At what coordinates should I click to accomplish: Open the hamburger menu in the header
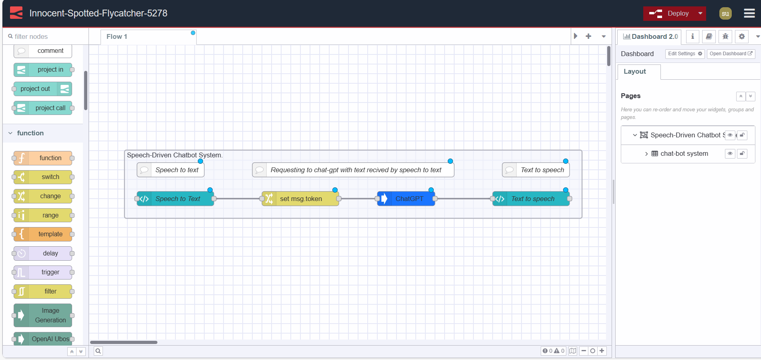tap(749, 13)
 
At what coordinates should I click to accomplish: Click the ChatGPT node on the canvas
tap(406, 199)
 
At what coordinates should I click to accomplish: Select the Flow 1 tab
tap(117, 36)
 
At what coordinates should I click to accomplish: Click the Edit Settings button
tap(684, 54)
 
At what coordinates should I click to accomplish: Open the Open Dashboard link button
tap(731, 54)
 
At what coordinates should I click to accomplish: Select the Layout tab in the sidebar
tap(634, 71)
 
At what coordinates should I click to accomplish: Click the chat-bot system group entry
tap(684, 153)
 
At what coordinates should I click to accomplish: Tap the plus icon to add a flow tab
tap(588, 36)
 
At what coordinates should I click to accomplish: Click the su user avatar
tap(725, 13)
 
